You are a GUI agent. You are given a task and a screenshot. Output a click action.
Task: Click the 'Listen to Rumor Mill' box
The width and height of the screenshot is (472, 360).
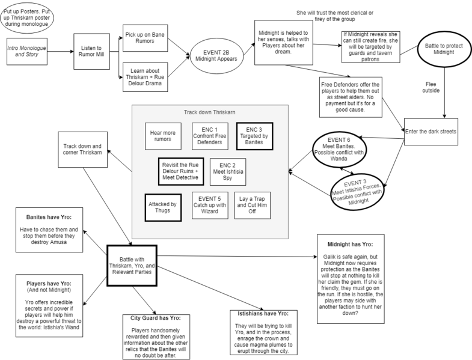click(90, 52)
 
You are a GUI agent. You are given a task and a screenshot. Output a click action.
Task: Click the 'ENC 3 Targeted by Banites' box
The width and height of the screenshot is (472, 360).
click(255, 135)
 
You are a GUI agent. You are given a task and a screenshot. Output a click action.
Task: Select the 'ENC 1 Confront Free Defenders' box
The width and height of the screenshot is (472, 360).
click(210, 135)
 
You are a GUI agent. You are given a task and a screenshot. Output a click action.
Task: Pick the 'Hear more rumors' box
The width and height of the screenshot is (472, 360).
click(163, 135)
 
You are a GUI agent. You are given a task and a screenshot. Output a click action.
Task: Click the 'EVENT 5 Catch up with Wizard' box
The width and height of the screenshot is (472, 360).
click(210, 204)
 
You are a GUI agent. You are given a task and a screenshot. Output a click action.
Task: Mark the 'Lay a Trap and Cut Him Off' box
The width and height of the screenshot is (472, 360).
click(255, 204)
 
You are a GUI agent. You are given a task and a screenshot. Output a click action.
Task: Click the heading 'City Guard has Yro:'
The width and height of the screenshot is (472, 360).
click(156, 317)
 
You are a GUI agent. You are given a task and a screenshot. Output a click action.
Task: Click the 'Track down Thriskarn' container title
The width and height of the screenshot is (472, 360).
click(210, 112)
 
